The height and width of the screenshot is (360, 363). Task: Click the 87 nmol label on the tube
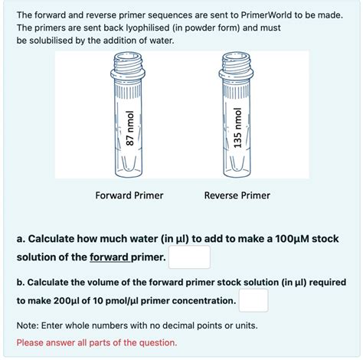(x=130, y=129)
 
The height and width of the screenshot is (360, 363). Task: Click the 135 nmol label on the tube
(x=237, y=128)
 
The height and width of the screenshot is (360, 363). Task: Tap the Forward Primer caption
(x=129, y=195)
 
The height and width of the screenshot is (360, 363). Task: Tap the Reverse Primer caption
(x=237, y=195)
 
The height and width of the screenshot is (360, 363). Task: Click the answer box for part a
(x=189, y=257)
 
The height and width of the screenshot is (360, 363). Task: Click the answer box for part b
(x=253, y=300)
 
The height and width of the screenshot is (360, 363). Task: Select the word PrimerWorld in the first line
(x=266, y=15)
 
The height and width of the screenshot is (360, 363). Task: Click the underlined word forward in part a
(x=109, y=257)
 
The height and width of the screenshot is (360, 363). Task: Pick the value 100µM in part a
(x=292, y=239)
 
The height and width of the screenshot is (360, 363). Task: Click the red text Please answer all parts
(x=96, y=342)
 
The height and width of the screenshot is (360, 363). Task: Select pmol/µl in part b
(x=122, y=301)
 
